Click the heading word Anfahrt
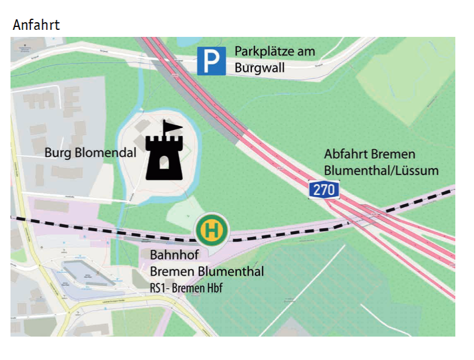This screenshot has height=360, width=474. [x=36, y=25]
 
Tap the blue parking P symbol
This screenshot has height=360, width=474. [x=211, y=61]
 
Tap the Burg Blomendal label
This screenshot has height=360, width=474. [x=90, y=153]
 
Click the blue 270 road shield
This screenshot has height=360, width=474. [x=324, y=190]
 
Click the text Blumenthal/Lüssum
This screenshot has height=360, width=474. [x=381, y=170]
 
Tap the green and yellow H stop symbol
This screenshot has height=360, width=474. [x=212, y=229]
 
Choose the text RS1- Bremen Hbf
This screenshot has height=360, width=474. [x=186, y=287]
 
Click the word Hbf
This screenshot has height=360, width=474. [x=214, y=287]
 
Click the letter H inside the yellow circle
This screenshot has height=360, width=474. [x=212, y=229]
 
